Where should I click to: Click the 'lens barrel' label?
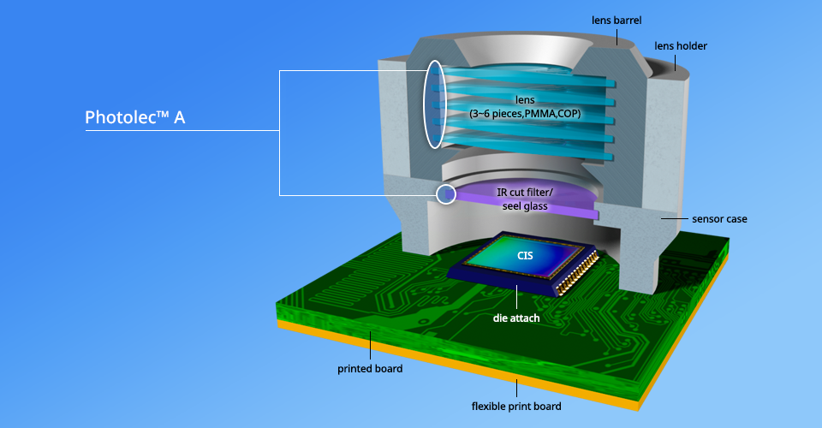click(617, 18)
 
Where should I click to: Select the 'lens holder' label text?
click(681, 45)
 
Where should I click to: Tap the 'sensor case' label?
click(719, 219)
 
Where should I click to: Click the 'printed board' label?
click(369, 370)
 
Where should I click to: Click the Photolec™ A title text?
click(135, 117)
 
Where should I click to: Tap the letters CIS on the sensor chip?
click(525, 255)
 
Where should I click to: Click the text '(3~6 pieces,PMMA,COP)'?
click(523, 113)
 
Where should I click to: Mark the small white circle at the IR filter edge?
click(446, 194)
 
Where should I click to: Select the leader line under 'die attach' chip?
click(516, 299)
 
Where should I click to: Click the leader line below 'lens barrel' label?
click(617, 33)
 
